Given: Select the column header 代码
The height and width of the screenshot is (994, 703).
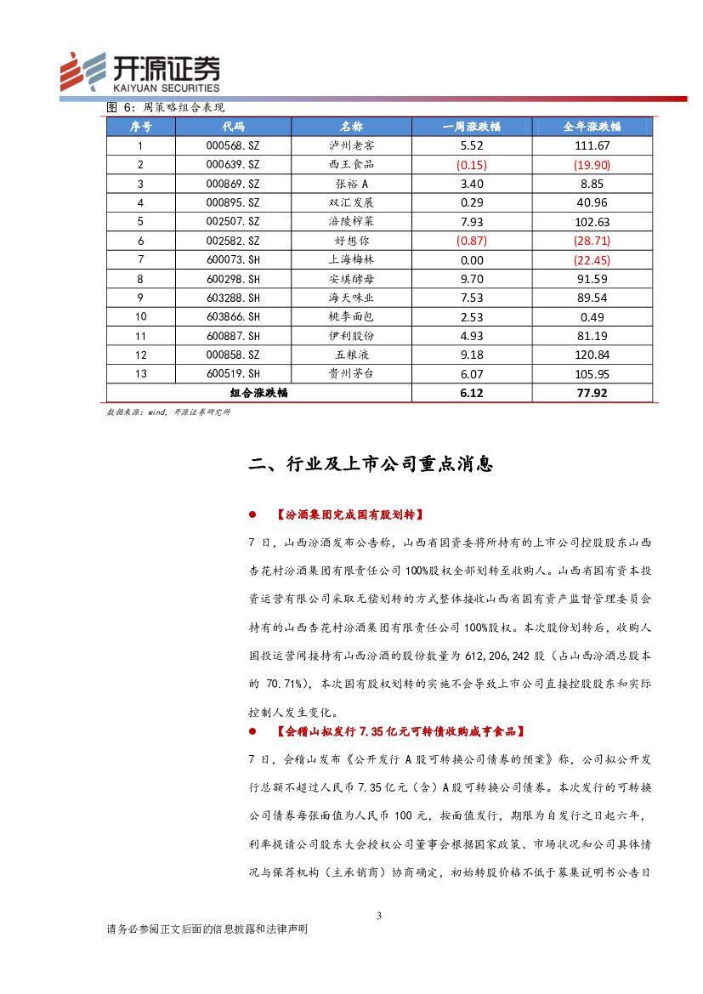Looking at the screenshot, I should (x=232, y=127).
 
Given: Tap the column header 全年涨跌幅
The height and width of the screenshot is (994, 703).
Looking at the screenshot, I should (x=592, y=127).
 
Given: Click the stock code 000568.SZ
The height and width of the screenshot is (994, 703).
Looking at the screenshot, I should (x=232, y=145).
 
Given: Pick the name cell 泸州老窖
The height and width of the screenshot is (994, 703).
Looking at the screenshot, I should (x=350, y=145).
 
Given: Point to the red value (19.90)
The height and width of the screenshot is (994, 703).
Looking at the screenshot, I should (x=592, y=164).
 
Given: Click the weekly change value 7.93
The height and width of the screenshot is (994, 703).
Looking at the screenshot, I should (x=471, y=221).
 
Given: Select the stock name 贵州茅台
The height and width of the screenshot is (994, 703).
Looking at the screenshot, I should (x=350, y=373).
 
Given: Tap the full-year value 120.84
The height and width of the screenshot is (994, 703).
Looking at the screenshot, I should (x=592, y=355).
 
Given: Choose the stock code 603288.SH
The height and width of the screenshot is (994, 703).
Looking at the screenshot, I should (x=232, y=298).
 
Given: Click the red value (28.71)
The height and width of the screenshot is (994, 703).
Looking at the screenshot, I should (x=592, y=241).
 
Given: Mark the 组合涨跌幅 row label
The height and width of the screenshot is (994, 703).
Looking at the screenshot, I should (x=258, y=393).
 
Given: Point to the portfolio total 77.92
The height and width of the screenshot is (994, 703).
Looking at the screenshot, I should (x=592, y=393).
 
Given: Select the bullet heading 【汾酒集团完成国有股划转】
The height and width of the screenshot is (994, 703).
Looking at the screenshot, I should (x=349, y=515).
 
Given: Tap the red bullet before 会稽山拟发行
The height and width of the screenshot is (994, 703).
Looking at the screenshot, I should (x=252, y=731).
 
